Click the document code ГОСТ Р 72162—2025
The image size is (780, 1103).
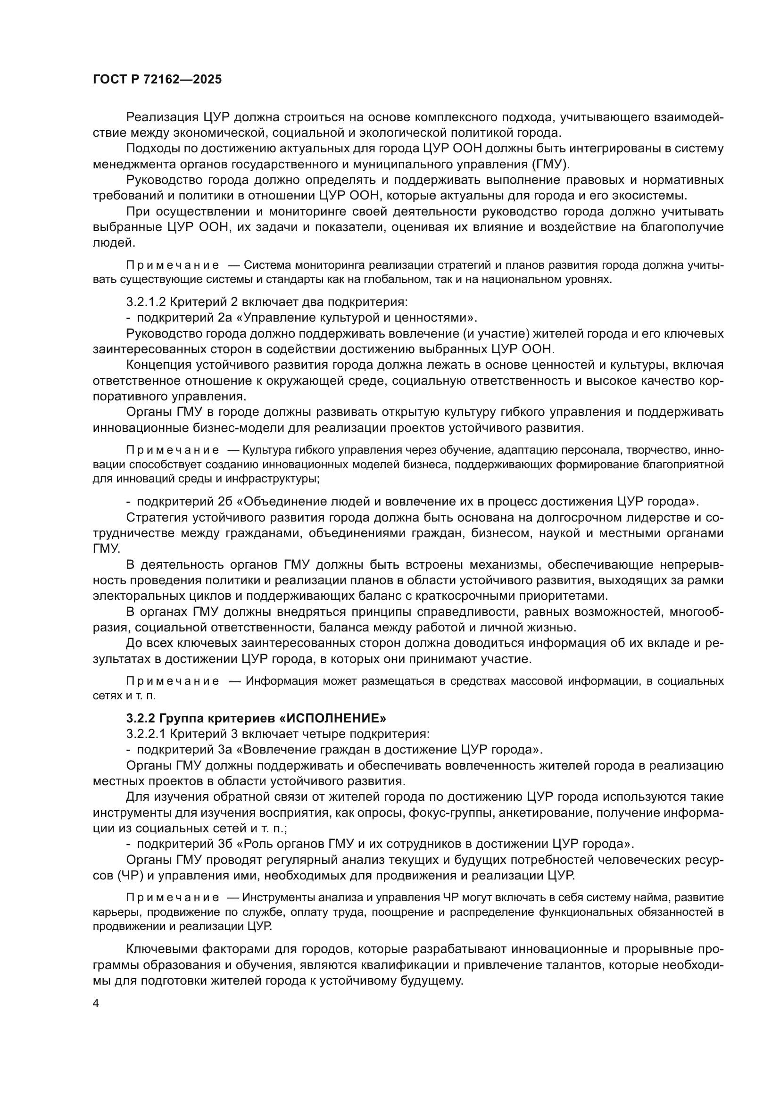click(x=157, y=79)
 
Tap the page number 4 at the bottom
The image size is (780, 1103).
click(x=96, y=1003)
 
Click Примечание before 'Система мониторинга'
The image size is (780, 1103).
click(x=173, y=265)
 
